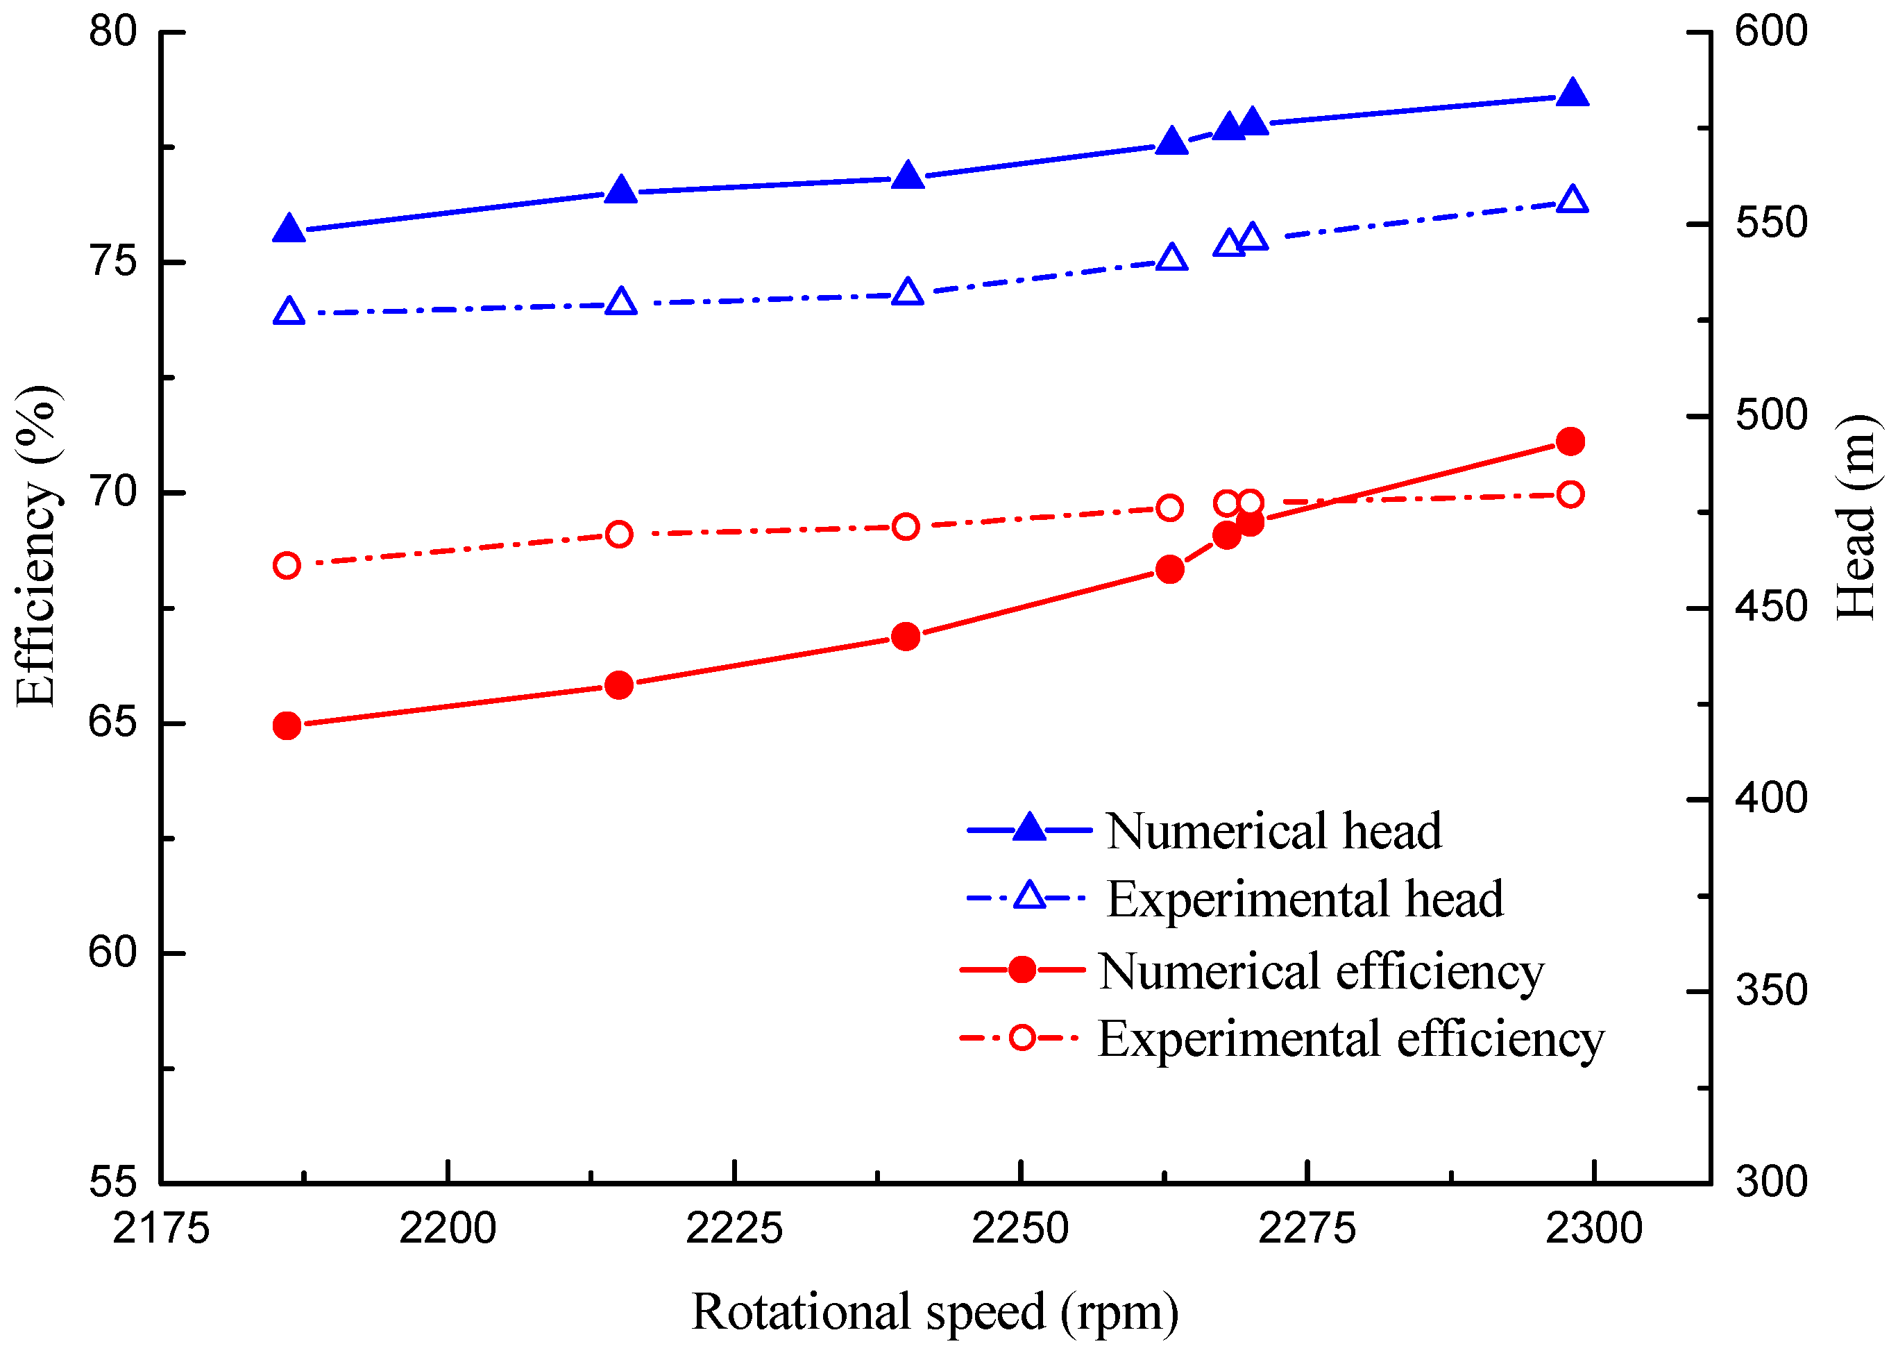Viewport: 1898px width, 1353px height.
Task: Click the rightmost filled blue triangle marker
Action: (1573, 93)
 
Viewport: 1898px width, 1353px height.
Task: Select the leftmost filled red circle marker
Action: (287, 725)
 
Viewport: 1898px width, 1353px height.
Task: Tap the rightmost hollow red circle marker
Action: (1570, 495)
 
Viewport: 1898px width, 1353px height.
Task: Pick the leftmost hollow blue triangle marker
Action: (289, 311)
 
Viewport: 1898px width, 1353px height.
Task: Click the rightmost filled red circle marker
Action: (1570, 442)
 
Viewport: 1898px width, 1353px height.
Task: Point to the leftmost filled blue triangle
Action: (289, 228)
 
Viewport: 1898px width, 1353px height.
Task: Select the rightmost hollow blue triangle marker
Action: (1573, 200)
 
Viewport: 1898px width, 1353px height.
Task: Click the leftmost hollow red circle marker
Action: (287, 566)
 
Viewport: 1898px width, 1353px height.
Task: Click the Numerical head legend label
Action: (1274, 832)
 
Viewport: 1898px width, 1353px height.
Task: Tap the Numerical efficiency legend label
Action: (1321, 971)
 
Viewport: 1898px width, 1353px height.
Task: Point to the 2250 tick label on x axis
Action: (1020, 1229)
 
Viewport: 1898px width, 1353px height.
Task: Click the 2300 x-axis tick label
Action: (1594, 1229)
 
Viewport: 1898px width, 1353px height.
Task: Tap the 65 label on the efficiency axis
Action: (112, 723)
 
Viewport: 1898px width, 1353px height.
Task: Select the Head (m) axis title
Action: (1856, 517)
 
